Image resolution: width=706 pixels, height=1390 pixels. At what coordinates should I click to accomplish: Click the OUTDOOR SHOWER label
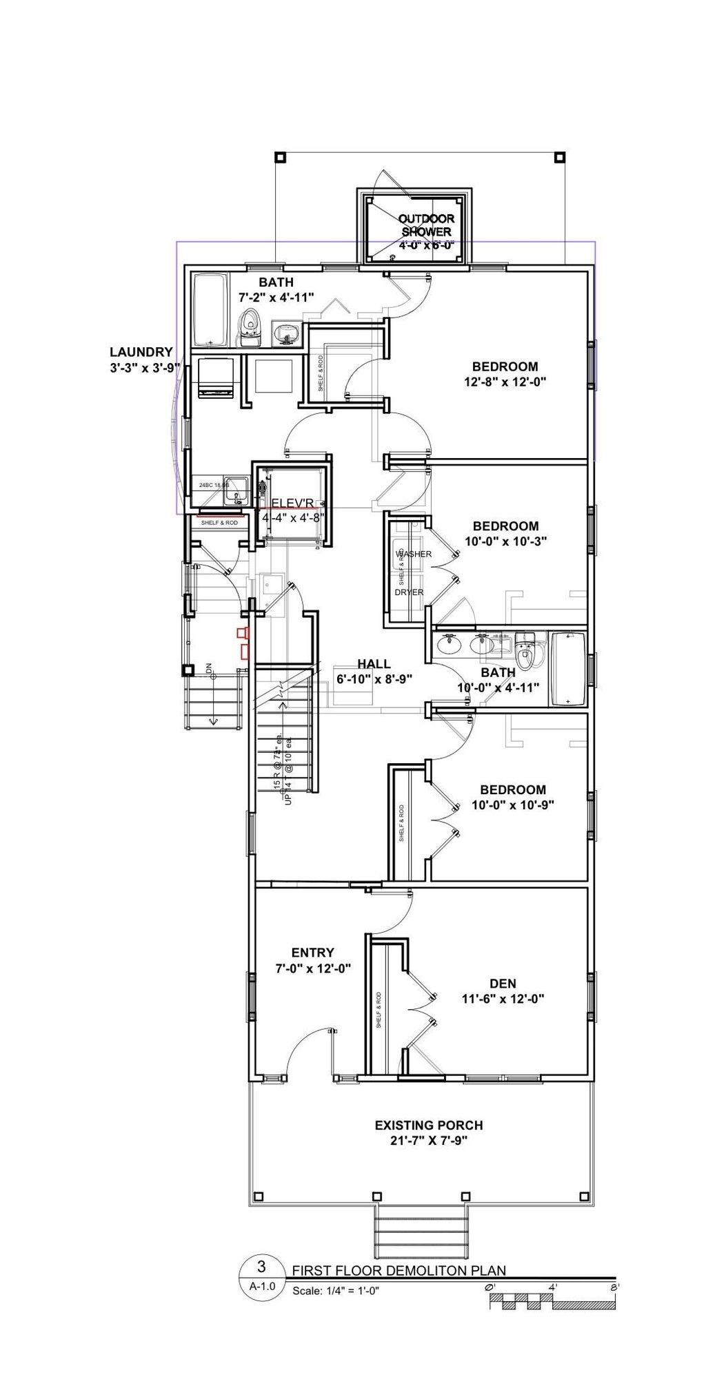[425, 225]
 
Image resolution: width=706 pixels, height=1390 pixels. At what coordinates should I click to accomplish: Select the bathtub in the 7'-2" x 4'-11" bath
[210, 311]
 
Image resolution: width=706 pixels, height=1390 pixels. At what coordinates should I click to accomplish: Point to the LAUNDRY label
[141, 352]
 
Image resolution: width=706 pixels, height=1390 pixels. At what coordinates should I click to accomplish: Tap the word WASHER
[413, 554]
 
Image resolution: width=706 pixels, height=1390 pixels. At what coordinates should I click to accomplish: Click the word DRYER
[409, 592]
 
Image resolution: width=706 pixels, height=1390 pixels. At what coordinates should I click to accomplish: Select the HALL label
[374, 664]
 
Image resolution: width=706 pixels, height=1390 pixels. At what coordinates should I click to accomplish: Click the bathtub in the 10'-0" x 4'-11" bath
[568, 669]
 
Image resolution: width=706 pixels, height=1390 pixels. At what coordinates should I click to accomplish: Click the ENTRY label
[312, 953]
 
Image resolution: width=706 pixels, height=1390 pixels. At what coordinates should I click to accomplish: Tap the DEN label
[503, 984]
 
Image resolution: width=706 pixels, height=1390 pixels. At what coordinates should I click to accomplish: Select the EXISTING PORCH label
[428, 1126]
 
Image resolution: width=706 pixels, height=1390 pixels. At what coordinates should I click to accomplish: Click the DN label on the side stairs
[209, 668]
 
